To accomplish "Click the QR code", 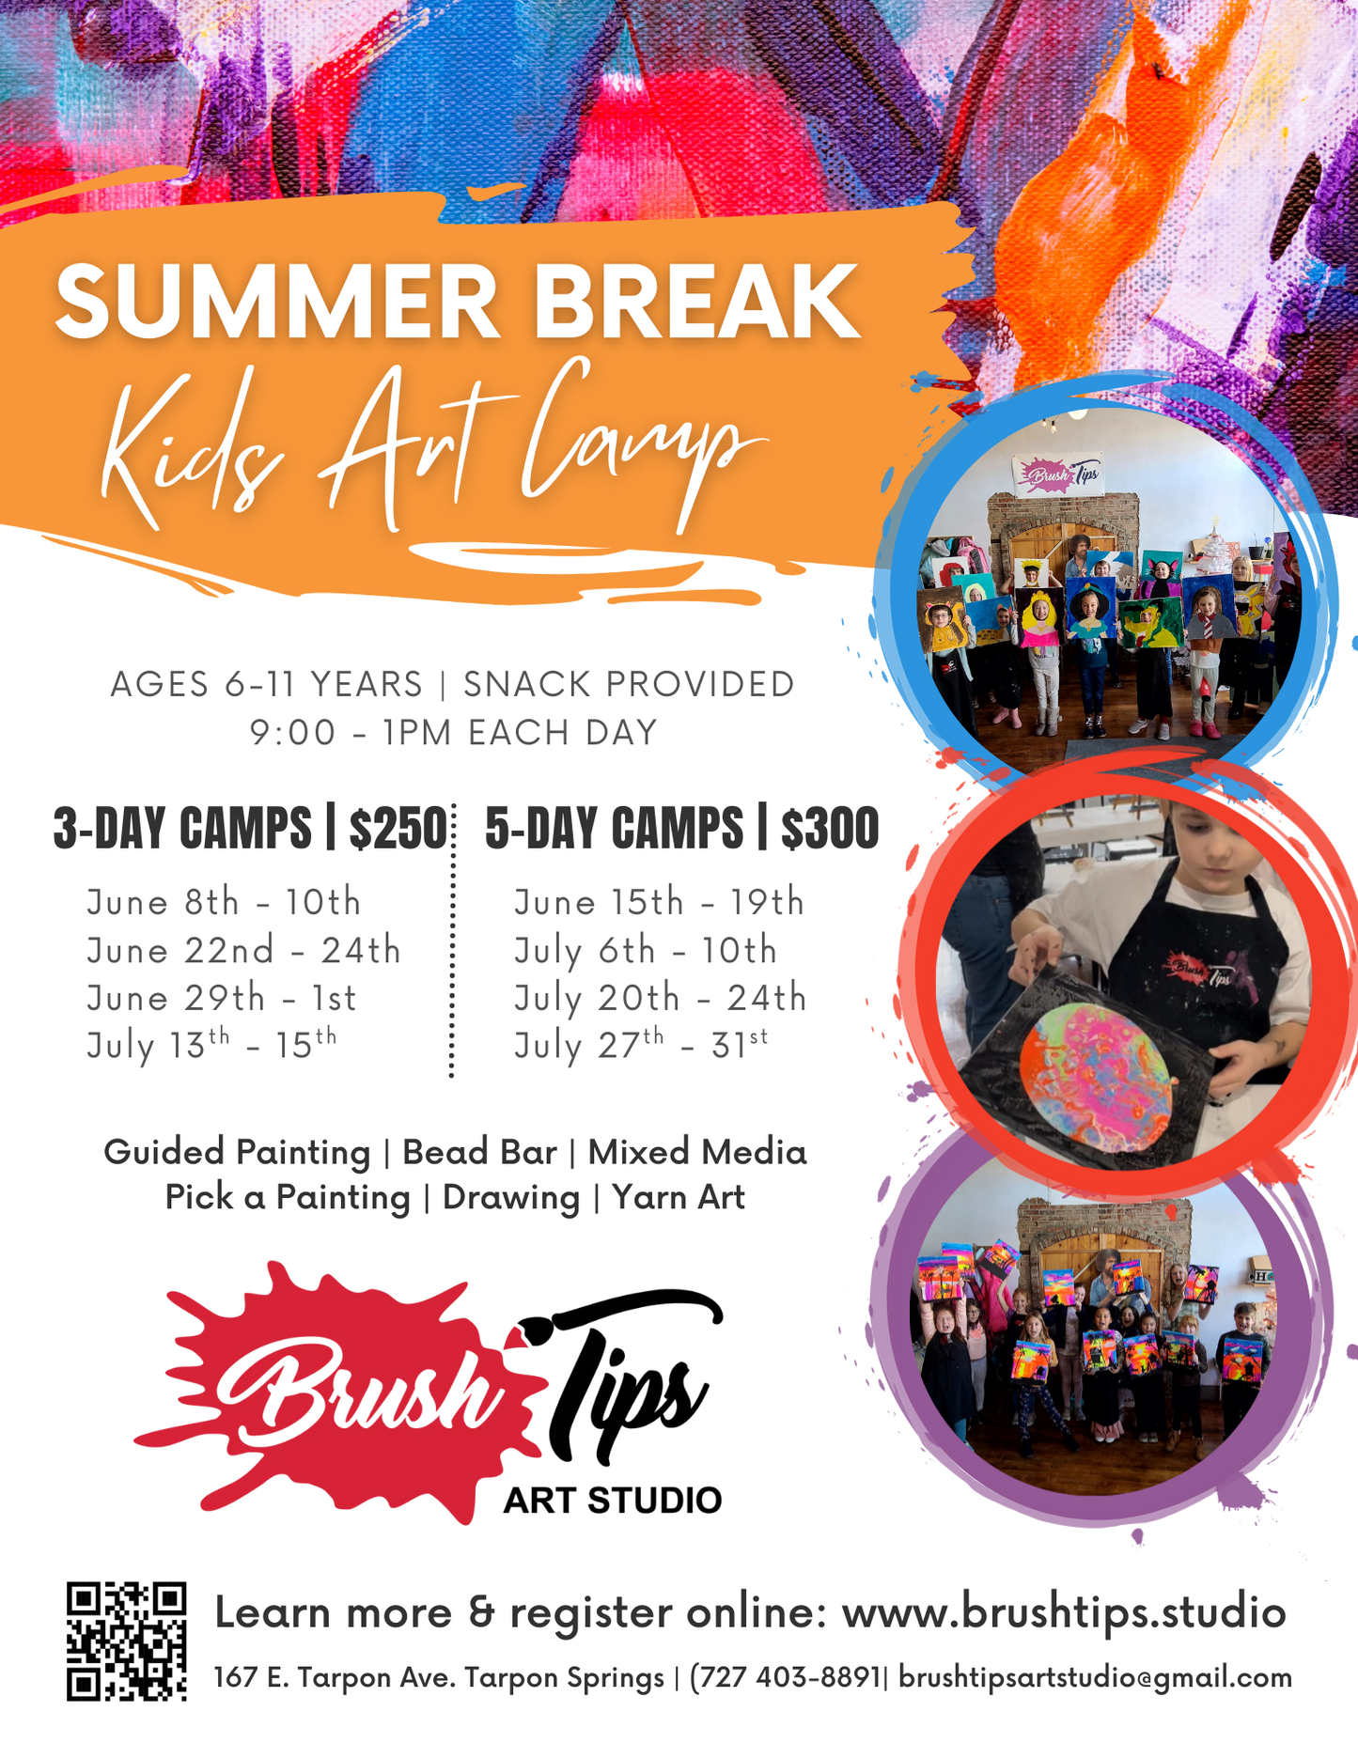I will (126, 1641).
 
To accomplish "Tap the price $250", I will (398, 829).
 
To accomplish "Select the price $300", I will (830, 829).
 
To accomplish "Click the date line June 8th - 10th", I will (224, 902).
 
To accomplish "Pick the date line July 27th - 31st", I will (641, 1045).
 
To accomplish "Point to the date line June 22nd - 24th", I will (243, 951).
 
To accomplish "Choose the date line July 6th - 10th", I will (646, 951).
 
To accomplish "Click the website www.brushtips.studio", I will (1063, 1612).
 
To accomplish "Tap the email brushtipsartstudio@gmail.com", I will (1095, 1678).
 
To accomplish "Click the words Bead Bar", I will (479, 1152).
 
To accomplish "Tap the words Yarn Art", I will (679, 1197).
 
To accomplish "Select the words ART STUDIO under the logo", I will (612, 1501).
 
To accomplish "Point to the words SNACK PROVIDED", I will (629, 685).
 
